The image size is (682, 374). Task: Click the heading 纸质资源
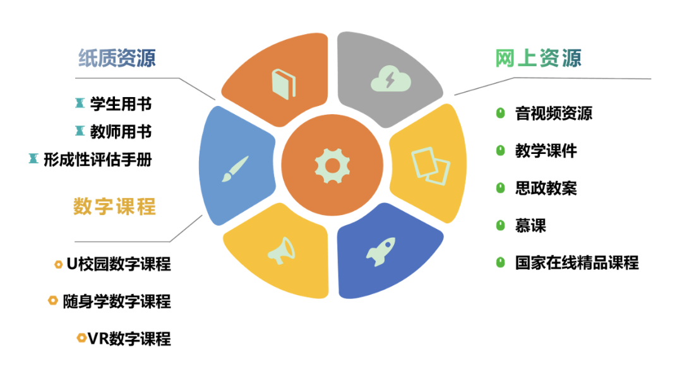pos(117,58)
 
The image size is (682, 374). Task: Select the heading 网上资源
pos(537,58)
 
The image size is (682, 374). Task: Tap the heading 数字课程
pos(114,206)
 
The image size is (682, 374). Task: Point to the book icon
pos(284,83)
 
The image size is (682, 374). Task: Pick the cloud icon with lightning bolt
pos(389,79)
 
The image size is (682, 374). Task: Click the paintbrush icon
pos(235,168)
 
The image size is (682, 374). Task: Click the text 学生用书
pos(121,103)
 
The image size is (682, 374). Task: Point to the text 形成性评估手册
pos(98,160)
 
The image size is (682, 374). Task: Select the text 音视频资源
pos(553,114)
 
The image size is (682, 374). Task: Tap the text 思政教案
pos(546,188)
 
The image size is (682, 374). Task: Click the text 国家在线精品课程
pos(577,262)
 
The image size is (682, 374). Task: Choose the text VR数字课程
pos(129,339)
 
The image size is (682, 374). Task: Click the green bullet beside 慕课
pos(501,225)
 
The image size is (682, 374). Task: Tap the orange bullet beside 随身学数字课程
pos(53,301)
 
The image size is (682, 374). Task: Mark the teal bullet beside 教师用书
pos(80,131)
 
